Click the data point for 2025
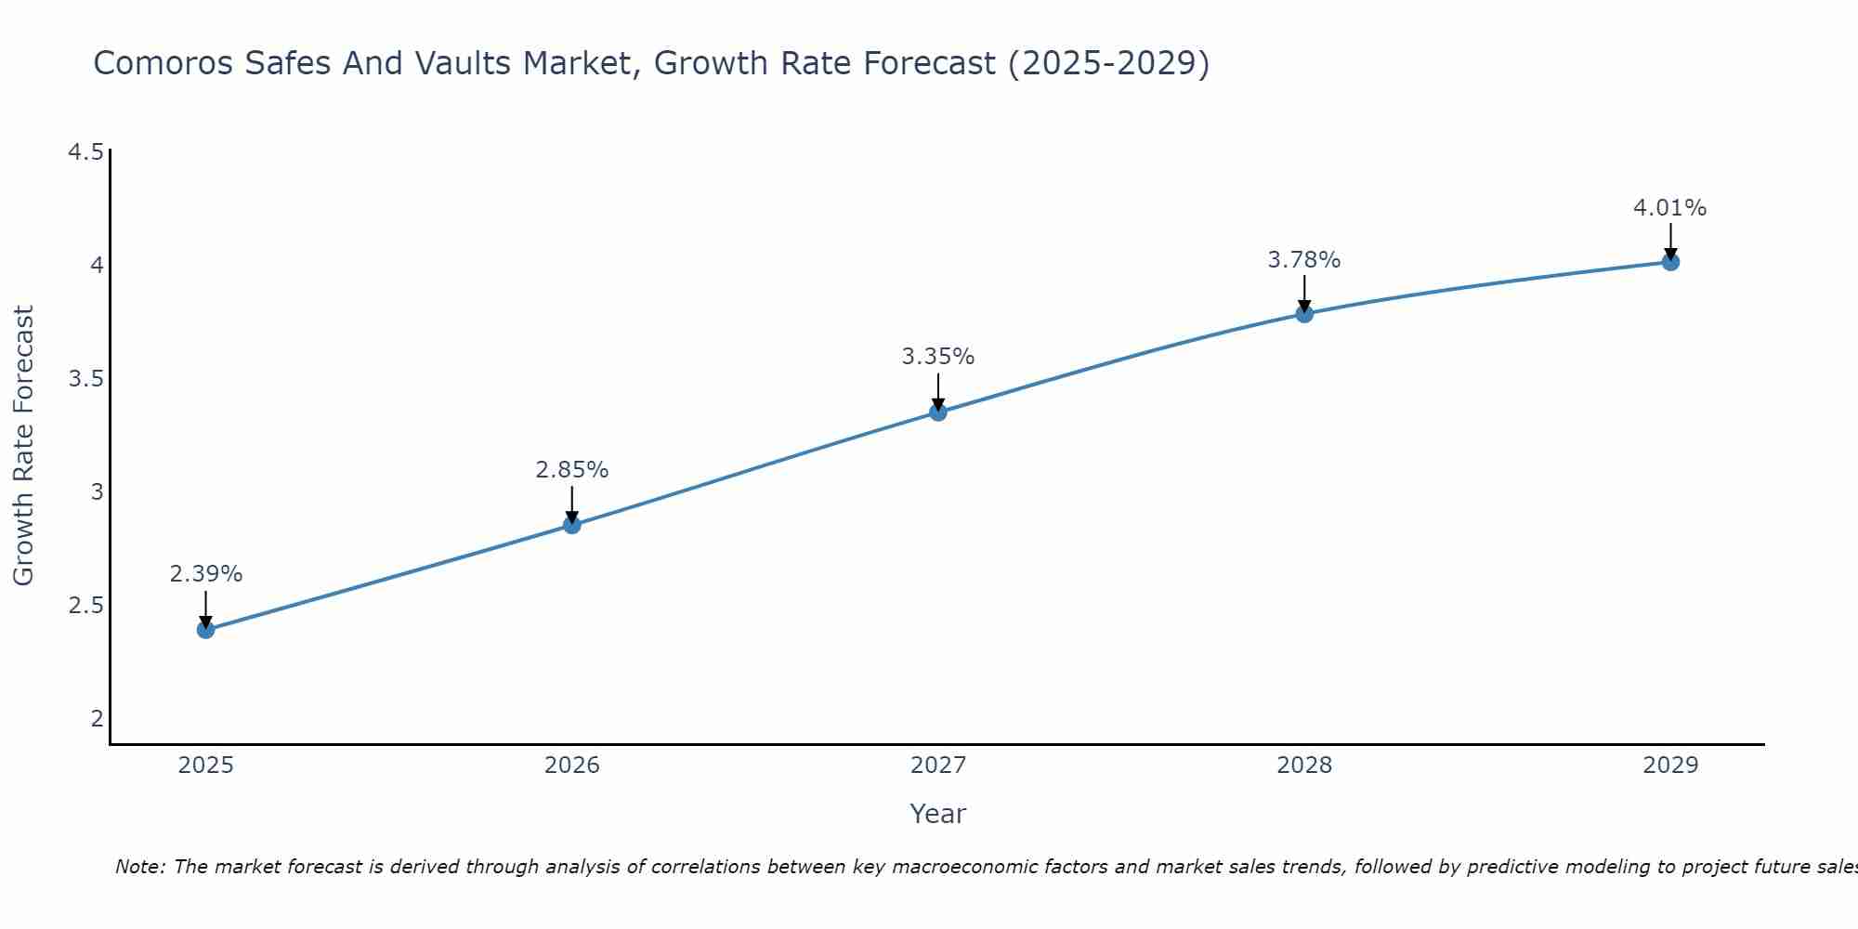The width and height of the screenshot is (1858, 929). [x=205, y=630]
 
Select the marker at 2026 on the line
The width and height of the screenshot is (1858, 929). [x=571, y=525]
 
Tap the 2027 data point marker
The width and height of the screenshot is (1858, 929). [x=937, y=412]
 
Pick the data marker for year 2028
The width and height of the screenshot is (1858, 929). [x=1303, y=314]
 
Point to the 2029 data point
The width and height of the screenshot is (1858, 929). [x=1669, y=262]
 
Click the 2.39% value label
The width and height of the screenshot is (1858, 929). [x=205, y=574]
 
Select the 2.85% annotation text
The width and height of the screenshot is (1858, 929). [x=571, y=470]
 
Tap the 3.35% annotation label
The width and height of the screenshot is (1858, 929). [x=937, y=357]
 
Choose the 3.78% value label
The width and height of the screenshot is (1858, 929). [x=1303, y=260]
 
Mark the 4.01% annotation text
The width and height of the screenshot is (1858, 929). [x=1669, y=208]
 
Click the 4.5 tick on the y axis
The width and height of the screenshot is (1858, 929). [x=85, y=152]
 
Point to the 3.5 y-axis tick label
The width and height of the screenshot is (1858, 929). [x=85, y=379]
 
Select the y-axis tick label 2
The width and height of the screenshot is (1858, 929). [x=97, y=718]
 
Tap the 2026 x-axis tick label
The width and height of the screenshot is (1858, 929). [x=571, y=765]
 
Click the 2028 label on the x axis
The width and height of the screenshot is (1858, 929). [x=1303, y=765]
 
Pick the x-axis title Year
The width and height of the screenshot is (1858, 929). [x=937, y=814]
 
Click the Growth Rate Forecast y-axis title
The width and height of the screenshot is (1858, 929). [x=24, y=446]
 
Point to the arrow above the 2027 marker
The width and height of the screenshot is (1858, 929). [x=937, y=390]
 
